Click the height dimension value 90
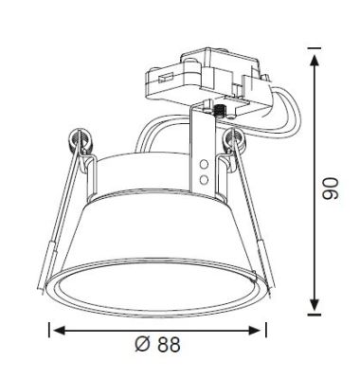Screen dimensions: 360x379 click(x=330, y=189)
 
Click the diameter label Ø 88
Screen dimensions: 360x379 click(x=157, y=344)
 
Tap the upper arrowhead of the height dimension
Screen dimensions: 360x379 click(x=315, y=61)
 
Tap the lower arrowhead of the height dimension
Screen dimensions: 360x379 click(x=315, y=304)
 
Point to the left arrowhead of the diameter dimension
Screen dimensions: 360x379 click(x=60, y=331)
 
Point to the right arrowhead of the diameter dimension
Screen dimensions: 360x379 click(x=255, y=331)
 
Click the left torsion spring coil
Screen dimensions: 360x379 click(x=79, y=139)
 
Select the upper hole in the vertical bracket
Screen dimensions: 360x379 click(x=205, y=165)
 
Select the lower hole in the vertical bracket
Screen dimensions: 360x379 click(x=205, y=180)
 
